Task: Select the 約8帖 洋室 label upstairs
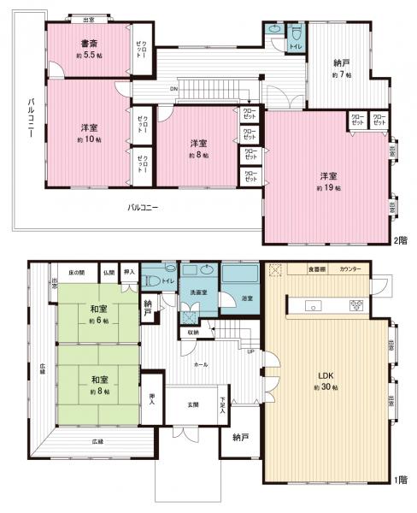tap(198, 148)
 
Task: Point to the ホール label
tap(201, 363)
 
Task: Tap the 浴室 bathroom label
tap(247, 298)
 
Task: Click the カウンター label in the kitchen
tap(349, 269)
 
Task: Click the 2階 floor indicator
tap(401, 240)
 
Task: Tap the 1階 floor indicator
tap(401, 480)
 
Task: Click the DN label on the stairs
tap(173, 88)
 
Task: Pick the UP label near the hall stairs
tap(250, 351)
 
